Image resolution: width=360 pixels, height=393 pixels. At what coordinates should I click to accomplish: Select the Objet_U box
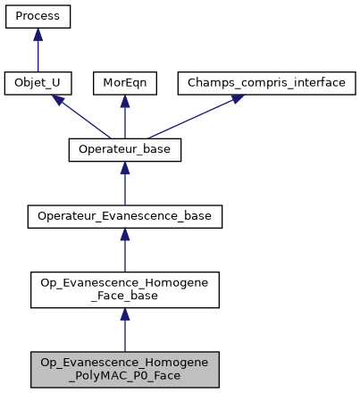pos(38,83)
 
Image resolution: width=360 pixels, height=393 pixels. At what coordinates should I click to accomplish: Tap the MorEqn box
pos(125,83)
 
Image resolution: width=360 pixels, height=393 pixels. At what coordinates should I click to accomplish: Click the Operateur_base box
pos(125,149)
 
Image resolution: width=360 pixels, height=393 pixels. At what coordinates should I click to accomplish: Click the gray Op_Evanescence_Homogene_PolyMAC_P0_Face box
pos(125,369)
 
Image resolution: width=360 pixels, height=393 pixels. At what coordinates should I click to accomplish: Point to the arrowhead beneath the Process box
pos(38,34)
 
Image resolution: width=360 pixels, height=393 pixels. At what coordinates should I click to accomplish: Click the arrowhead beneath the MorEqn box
pos(125,100)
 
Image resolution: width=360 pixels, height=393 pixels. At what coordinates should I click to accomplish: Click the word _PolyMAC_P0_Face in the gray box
pos(125,375)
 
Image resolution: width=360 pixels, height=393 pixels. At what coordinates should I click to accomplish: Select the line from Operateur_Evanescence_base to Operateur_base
pos(125,188)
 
